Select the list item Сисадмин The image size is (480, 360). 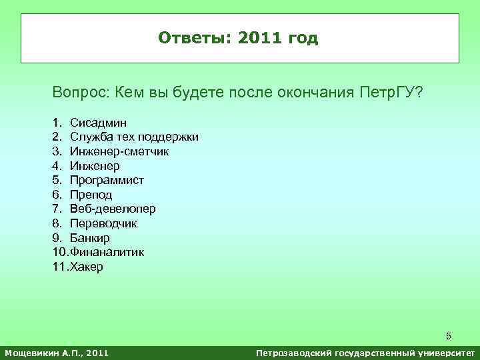click(99, 123)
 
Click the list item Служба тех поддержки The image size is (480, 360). click(134, 137)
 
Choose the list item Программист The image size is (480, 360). click(107, 180)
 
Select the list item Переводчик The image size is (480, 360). click(103, 223)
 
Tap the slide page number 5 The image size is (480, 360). click(449, 335)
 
